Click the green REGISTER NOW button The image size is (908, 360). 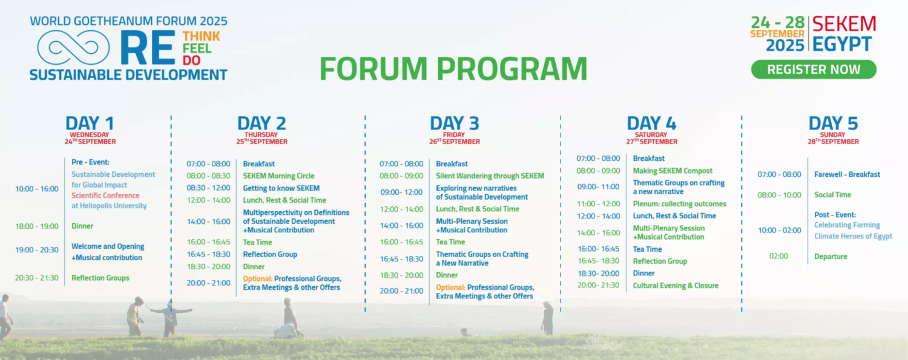point(814,69)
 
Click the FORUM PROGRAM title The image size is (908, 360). point(453,68)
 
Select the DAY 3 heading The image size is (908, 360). point(455,123)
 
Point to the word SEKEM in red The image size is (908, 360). point(844,24)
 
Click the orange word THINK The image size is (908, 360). point(201,36)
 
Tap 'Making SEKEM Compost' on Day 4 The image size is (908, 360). point(673,171)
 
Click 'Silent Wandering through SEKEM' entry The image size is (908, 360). point(490,175)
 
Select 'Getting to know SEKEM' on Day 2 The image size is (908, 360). point(281,188)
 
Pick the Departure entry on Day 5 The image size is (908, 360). point(831,257)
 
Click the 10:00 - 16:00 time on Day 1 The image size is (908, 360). point(37,189)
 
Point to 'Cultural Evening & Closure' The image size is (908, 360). point(676,286)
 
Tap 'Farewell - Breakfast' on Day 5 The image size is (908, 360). point(847,174)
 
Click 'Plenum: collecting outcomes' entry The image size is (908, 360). point(680,204)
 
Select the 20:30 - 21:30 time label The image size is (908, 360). point(37,278)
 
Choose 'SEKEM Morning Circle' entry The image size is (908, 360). point(279,176)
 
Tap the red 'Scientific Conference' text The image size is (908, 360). point(105,195)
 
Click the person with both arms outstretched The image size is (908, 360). point(171,318)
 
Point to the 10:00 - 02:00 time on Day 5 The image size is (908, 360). point(780,231)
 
